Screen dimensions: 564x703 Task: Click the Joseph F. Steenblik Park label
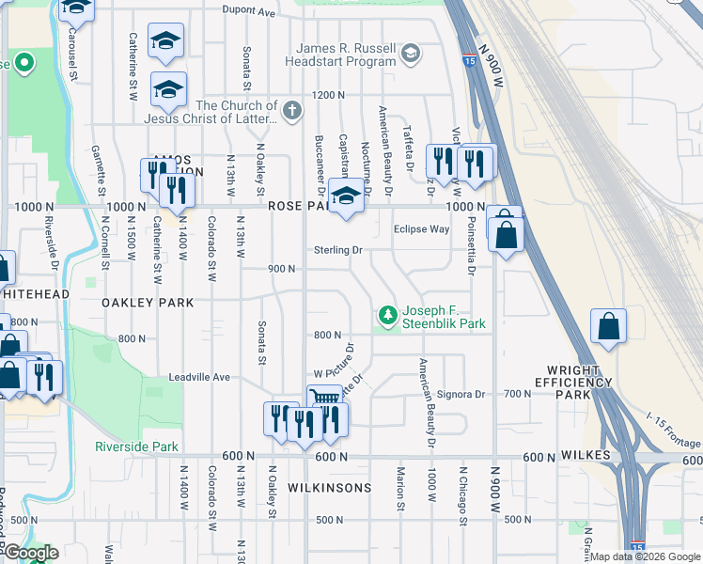coord(444,317)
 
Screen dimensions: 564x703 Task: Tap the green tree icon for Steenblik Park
coord(385,314)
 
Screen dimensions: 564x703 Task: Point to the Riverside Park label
coord(136,446)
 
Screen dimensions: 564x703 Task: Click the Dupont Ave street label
coord(249,12)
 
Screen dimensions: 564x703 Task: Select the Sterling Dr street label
coord(338,250)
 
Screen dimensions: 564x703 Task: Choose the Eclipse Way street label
coord(421,228)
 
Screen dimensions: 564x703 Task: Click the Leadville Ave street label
coord(199,377)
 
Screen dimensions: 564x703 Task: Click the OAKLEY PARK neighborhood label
coord(149,303)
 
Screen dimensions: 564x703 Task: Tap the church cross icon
coord(292,111)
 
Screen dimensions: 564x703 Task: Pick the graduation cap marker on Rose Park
coord(347,196)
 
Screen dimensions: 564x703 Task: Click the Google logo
coord(30,553)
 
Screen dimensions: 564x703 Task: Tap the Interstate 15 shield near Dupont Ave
coord(468,61)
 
